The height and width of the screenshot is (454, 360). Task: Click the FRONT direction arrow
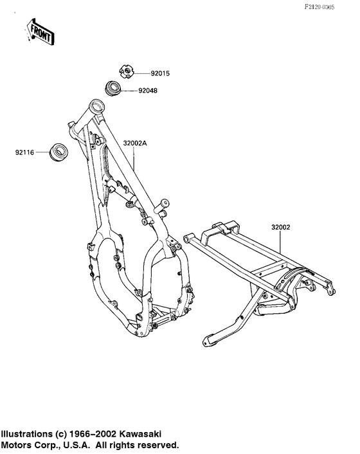pos(39,32)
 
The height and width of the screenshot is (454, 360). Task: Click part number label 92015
pos(160,73)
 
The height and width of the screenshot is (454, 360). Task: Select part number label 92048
pos(148,91)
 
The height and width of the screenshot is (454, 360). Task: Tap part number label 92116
pos(24,152)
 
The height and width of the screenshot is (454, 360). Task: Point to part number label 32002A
pos(135,143)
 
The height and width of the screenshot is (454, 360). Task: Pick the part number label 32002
pos(280,227)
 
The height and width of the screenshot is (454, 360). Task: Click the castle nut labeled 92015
pos(127,72)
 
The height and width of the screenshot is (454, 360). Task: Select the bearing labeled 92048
pos(113,88)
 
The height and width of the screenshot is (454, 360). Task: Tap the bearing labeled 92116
pos(59,151)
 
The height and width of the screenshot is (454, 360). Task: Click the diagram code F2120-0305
pos(319,7)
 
